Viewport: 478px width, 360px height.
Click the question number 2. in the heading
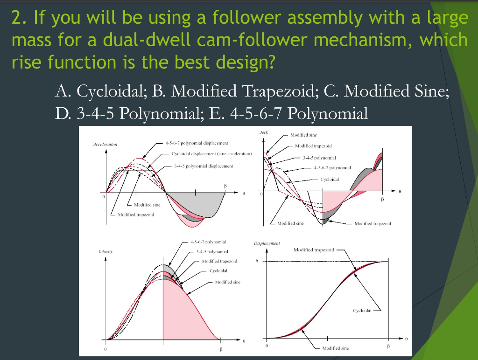(x=18, y=19)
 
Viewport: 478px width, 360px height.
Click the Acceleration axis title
(x=105, y=145)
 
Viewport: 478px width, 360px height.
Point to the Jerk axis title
(x=263, y=133)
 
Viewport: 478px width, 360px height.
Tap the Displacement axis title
(x=267, y=243)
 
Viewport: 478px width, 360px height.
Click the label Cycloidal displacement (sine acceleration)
(x=211, y=153)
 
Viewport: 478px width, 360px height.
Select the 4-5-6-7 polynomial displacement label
(x=197, y=143)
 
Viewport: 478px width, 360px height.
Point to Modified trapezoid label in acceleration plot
(x=135, y=215)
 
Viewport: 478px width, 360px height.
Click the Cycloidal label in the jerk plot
(x=330, y=179)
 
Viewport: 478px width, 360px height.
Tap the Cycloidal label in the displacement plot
(x=362, y=310)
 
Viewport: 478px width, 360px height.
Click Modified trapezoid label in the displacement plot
(x=314, y=250)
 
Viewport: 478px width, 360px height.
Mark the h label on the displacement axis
(x=256, y=261)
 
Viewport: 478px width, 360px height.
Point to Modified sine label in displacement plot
(x=335, y=348)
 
